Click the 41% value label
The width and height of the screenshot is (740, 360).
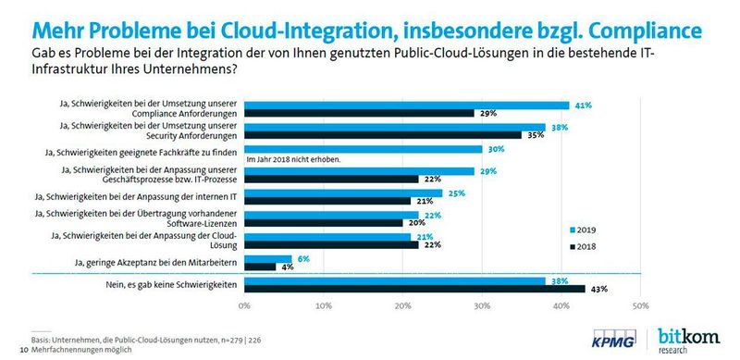coord(584,105)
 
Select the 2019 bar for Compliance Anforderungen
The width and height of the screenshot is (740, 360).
coord(406,105)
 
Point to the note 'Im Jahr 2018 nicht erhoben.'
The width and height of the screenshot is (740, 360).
coord(294,159)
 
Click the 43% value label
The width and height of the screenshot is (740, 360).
coord(598,290)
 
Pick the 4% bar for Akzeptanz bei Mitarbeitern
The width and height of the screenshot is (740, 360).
coord(260,267)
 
